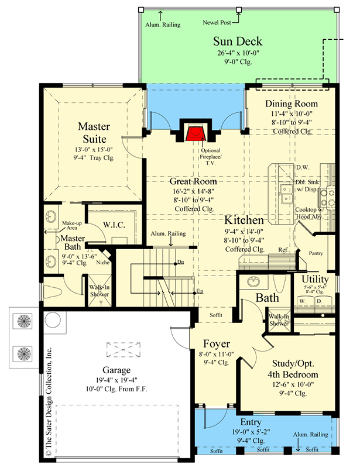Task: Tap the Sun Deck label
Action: click(x=237, y=42)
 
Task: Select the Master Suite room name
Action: click(x=92, y=133)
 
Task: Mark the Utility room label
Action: click(x=315, y=279)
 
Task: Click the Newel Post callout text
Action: click(x=216, y=24)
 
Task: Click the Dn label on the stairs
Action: click(x=181, y=261)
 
